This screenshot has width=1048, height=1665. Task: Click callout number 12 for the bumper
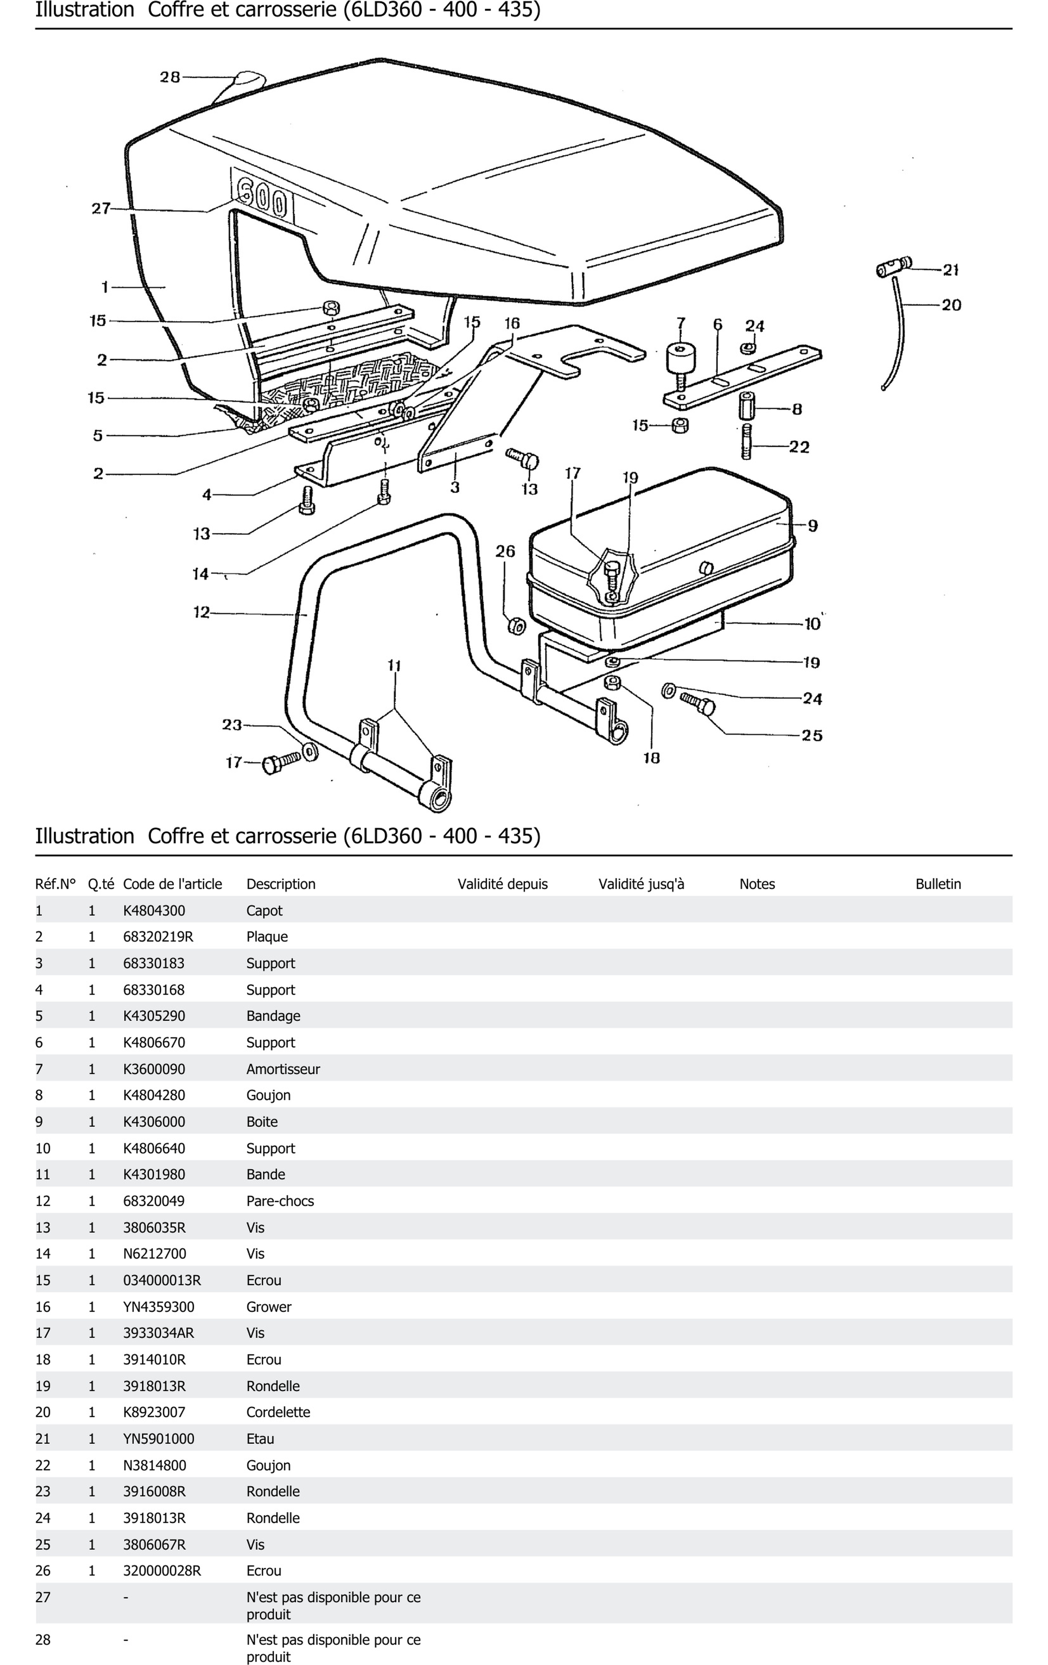pyautogui.click(x=201, y=612)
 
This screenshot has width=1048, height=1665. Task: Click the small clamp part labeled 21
pyautogui.click(x=893, y=266)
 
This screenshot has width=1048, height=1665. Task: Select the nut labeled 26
pyautogui.click(x=516, y=626)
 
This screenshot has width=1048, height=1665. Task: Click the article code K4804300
pyautogui.click(x=154, y=910)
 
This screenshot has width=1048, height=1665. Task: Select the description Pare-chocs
pyautogui.click(x=280, y=1201)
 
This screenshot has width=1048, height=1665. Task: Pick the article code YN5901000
pyautogui.click(x=158, y=1439)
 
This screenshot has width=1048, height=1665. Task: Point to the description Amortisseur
pyautogui.click(x=283, y=1069)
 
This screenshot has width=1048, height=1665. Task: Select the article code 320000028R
pyautogui.click(x=162, y=1571)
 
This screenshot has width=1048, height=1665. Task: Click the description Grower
pyautogui.click(x=269, y=1307)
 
